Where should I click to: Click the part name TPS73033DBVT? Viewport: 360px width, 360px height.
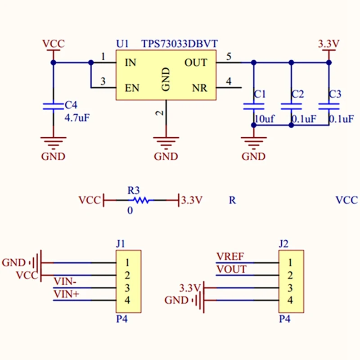click(x=180, y=44)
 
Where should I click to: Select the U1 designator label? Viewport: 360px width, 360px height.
click(x=122, y=44)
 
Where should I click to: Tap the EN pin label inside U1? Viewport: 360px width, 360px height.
click(x=132, y=88)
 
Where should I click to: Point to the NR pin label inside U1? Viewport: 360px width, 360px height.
click(x=199, y=88)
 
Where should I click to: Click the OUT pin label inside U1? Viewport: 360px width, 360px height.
click(x=196, y=63)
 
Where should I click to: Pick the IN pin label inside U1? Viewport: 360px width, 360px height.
click(x=130, y=63)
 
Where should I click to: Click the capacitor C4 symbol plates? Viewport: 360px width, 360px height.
click(x=53, y=107)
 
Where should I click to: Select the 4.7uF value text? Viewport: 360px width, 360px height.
click(x=77, y=118)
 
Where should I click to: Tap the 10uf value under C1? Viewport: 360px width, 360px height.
click(x=265, y=119)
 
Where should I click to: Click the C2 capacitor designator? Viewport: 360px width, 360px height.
click(x=297, y=94)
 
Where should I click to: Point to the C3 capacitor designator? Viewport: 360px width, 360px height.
click(x=335, y=94)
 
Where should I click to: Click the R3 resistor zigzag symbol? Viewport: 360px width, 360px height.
click(x=141, y=200)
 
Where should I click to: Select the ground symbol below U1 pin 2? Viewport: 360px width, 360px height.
click(x=166, y=141)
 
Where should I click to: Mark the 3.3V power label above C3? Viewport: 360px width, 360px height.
click(x=328, y=43)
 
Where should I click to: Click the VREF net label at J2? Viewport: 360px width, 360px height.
click(x=230, y=256)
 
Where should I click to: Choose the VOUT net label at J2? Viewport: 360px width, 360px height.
click(x=232, y=269)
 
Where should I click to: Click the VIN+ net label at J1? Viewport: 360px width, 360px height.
click(x=66, y=294)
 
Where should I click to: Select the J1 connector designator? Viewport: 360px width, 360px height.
click(x=121, y=243)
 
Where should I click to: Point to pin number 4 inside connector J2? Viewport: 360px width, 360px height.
click(x=290, y=300)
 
